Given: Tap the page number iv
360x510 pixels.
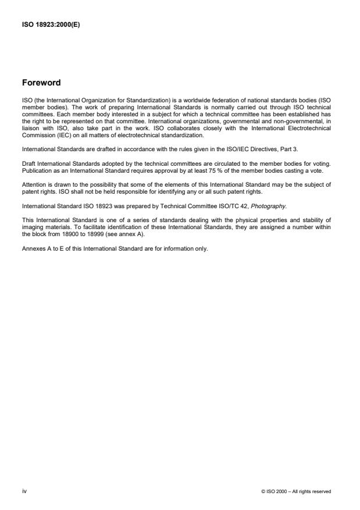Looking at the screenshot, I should (24, 491).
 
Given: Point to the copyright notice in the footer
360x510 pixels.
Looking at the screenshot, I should (296, 491).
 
